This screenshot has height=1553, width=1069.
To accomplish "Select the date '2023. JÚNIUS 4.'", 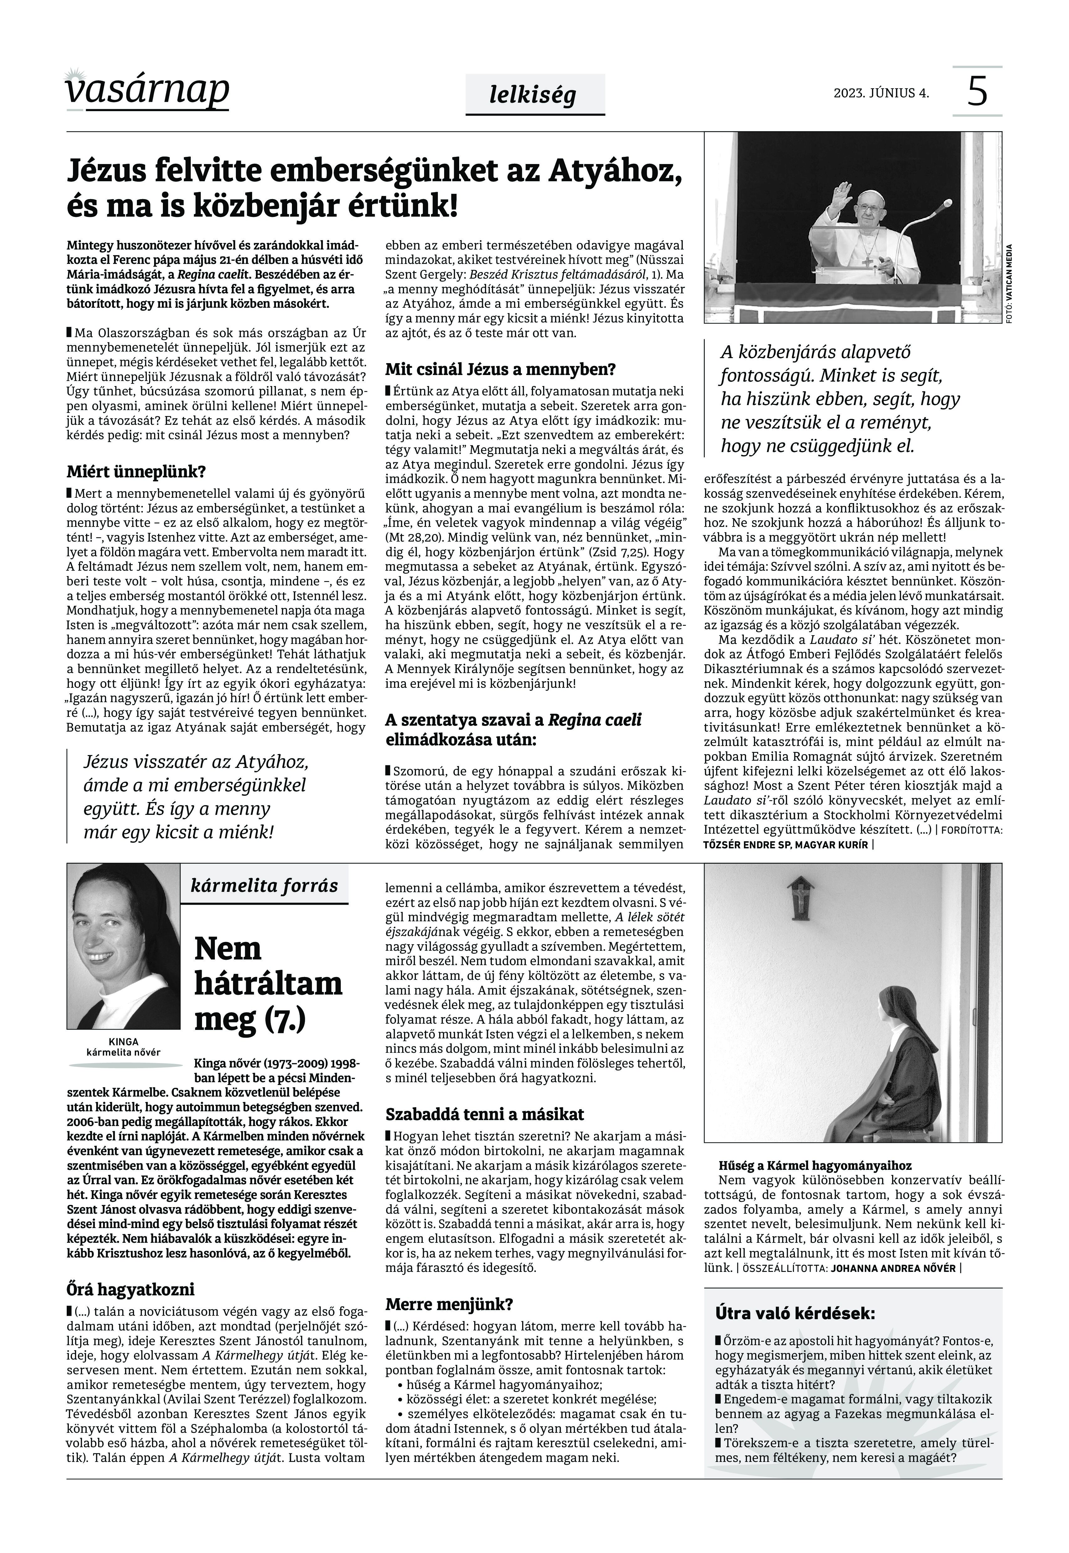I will point(881,93).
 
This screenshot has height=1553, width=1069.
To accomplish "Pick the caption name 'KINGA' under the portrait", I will point(123,1041).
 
